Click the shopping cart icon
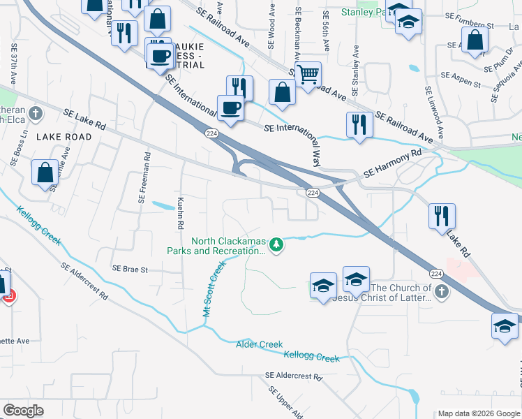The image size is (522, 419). (x=307, y=73)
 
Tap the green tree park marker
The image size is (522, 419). (x=277, y=244)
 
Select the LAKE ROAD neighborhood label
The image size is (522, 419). (x=64, y=137)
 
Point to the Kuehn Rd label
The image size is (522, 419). (x=179, y=212)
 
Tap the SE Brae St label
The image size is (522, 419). (x=130, y=269)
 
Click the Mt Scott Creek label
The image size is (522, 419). (x=215, y=289)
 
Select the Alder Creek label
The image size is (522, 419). (x=259, y=344)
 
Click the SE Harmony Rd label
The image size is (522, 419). (x=394, y=163)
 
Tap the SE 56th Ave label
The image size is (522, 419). (x=326, y=31)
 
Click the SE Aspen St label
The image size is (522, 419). (x=460, y=79)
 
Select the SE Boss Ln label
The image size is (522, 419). (x=19, y=147)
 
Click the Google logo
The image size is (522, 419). (x=23, y=411)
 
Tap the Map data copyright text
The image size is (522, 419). (x=478, y=413)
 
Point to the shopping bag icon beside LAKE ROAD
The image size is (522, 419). (x=45, y=172)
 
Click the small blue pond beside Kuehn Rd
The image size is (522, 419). (x=163, y=206)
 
